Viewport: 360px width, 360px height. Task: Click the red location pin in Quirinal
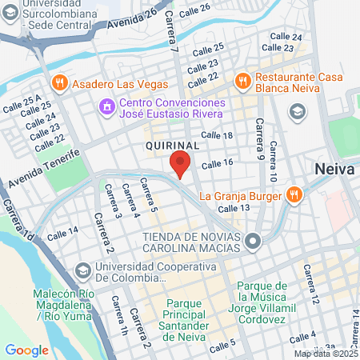click(180, 164)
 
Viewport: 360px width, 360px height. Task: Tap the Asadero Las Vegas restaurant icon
click(60, 84)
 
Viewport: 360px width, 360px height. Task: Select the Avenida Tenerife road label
click(45, 169)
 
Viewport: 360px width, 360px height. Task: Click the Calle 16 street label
click(217, 164)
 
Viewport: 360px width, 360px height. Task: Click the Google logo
click(26, 350)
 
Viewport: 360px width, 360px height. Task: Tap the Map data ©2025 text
click(324, 354)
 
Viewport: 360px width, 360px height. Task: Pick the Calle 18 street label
click(217, 136)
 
